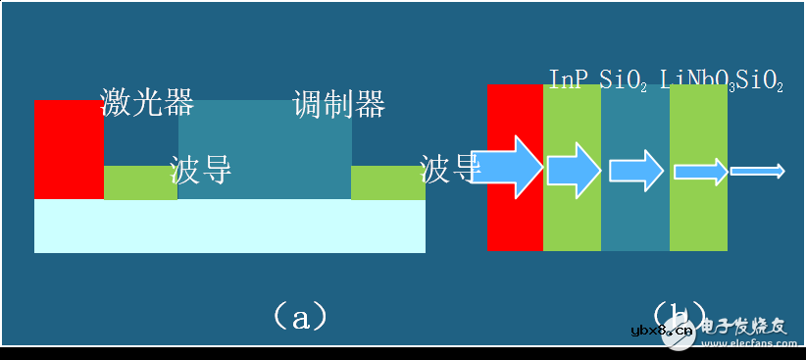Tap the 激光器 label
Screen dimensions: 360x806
coord(147,102)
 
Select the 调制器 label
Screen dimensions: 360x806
coord(338,103)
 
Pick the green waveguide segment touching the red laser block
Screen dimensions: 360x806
coord(140,183)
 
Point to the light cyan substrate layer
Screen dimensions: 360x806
coord(229,226)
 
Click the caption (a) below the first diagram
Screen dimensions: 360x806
coord(300,316)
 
